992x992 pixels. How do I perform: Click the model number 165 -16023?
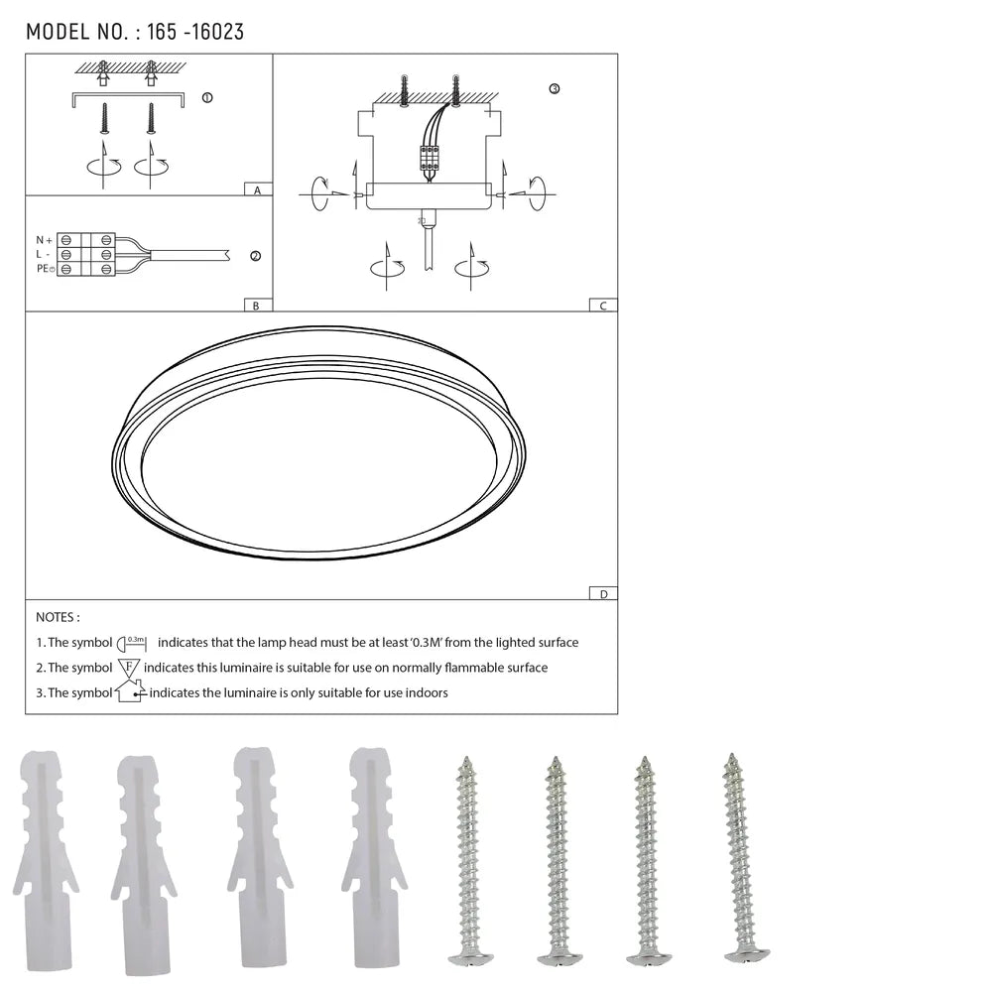click(x=194, y=32)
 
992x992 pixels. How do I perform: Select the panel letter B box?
click(x=256, y=306)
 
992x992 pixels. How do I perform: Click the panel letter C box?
click(x=602, y=306)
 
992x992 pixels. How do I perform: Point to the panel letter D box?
click(x=602, y=594)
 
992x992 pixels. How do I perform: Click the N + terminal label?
click(x=44, y=240)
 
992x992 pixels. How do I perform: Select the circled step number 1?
click(x=206, y=97)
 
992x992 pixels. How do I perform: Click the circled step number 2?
click(x=255, y=256)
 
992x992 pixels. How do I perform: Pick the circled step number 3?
click(x=554, y=88)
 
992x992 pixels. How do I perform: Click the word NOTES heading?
click(x=58, y=617)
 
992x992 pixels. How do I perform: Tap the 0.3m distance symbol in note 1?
click(x=133, y=643)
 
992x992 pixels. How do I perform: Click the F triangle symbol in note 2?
click(x=129, y=668)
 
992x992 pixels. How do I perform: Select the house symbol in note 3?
click(x=130, y=691)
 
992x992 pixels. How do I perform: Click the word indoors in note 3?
click(x=425, y=692)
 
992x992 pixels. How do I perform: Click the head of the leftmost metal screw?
click(x=469, y=957)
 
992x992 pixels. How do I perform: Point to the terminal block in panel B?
click(x=86, y=255)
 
